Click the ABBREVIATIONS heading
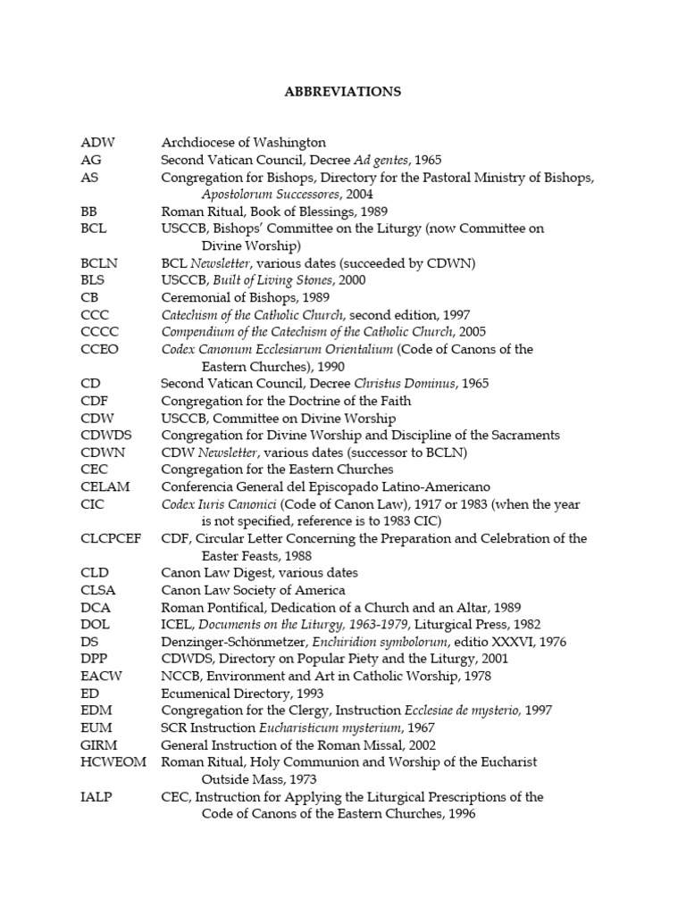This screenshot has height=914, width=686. pyautogui.click(x=342, y=91)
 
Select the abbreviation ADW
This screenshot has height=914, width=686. pyautogui.click(x=98, y=143)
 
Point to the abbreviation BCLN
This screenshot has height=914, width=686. pyautogui.click(x=99, y=263)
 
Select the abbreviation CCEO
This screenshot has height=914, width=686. pyautogui.click(x=99, y=349)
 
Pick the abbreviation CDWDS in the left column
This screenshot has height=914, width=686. pyautogui.click(x=105, y=435)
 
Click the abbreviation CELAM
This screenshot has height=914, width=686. pyautogui.click(x=105, y=486)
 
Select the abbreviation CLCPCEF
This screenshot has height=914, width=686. pyautogui.click(x=111, y=538)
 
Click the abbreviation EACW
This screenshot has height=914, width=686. pyautogui.click(x=101, y=676)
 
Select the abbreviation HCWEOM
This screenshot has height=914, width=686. pyautogui.click(x=110, y=762)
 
